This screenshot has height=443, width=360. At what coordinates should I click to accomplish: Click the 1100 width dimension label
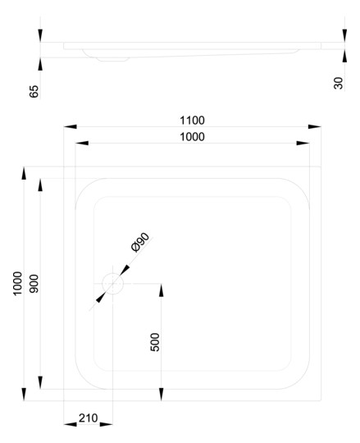point(192,121)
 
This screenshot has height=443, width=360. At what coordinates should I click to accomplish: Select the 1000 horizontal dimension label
point(192,137)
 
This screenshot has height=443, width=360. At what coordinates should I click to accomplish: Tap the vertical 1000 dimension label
point(17,283)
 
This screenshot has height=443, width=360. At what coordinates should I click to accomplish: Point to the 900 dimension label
point(34,283)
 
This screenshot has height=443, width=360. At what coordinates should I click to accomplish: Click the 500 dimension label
point(155,342)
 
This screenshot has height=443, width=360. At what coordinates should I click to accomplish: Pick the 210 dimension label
point(88,418)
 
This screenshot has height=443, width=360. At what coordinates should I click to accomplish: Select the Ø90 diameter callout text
point(140,242)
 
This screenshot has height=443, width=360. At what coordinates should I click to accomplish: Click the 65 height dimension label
point(34,91)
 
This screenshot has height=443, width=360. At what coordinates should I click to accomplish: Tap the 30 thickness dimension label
point(338,83)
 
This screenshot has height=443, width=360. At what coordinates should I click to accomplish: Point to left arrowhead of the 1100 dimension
point(71,126)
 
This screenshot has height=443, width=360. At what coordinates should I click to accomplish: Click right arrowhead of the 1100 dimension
point(315,126)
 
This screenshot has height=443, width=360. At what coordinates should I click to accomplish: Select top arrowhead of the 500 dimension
point(162,290)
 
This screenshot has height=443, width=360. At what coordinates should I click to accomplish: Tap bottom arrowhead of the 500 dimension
point(162,394)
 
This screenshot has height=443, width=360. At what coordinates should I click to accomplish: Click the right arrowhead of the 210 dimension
point(107,424)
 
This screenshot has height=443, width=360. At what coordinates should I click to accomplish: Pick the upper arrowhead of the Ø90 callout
point(125,270)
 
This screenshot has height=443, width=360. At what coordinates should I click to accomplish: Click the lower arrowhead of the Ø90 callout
point(101,297)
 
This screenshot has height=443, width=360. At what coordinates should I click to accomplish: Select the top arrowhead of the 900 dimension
point(40,185)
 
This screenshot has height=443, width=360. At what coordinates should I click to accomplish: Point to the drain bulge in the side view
point(113,59)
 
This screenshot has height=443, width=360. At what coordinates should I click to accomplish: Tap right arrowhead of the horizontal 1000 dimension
point(303,144)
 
